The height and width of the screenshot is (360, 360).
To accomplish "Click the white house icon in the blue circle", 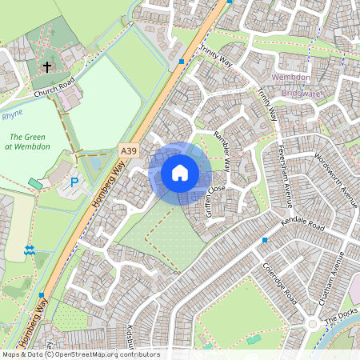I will [x=180, y=172].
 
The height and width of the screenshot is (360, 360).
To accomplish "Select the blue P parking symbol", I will [x=74, y=182].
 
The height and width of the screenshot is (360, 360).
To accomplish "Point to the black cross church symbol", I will [x=47, y=67].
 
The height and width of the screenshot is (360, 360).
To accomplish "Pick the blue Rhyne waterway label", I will [x=12, y=114].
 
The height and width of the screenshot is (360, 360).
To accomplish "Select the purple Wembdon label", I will [x=290, y=77].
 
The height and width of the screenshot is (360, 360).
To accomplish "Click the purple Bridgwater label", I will [x=294, y=92].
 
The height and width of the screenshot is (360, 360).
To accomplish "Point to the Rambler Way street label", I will [x=222, y=150].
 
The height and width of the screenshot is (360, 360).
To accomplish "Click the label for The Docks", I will [x=341, y=320].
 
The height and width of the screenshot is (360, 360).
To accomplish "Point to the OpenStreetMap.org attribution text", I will [x=80, y=354].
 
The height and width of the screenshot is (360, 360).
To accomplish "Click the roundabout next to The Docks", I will [x=313, y=325].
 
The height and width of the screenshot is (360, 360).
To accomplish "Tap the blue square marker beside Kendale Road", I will [x=264, y=239].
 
